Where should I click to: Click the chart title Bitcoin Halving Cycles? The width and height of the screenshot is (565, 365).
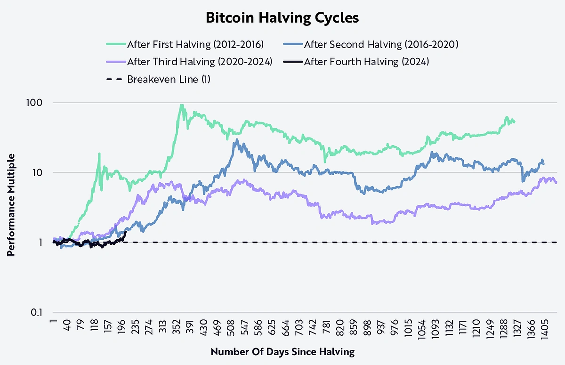click(x=282, y=18)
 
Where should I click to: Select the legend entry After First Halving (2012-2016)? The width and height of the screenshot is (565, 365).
click(x=195, y=45)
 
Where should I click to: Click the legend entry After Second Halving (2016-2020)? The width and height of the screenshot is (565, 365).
click(x=381, y=45)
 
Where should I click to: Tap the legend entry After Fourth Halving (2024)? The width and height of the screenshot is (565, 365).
click(x=366, y=62)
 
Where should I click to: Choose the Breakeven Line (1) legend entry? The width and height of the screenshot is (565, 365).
click(x=169, y=79)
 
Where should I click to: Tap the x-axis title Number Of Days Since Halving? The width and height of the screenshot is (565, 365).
click(x=282, y=352)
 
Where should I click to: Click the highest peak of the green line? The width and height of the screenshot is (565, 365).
click(x=182, y=105)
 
